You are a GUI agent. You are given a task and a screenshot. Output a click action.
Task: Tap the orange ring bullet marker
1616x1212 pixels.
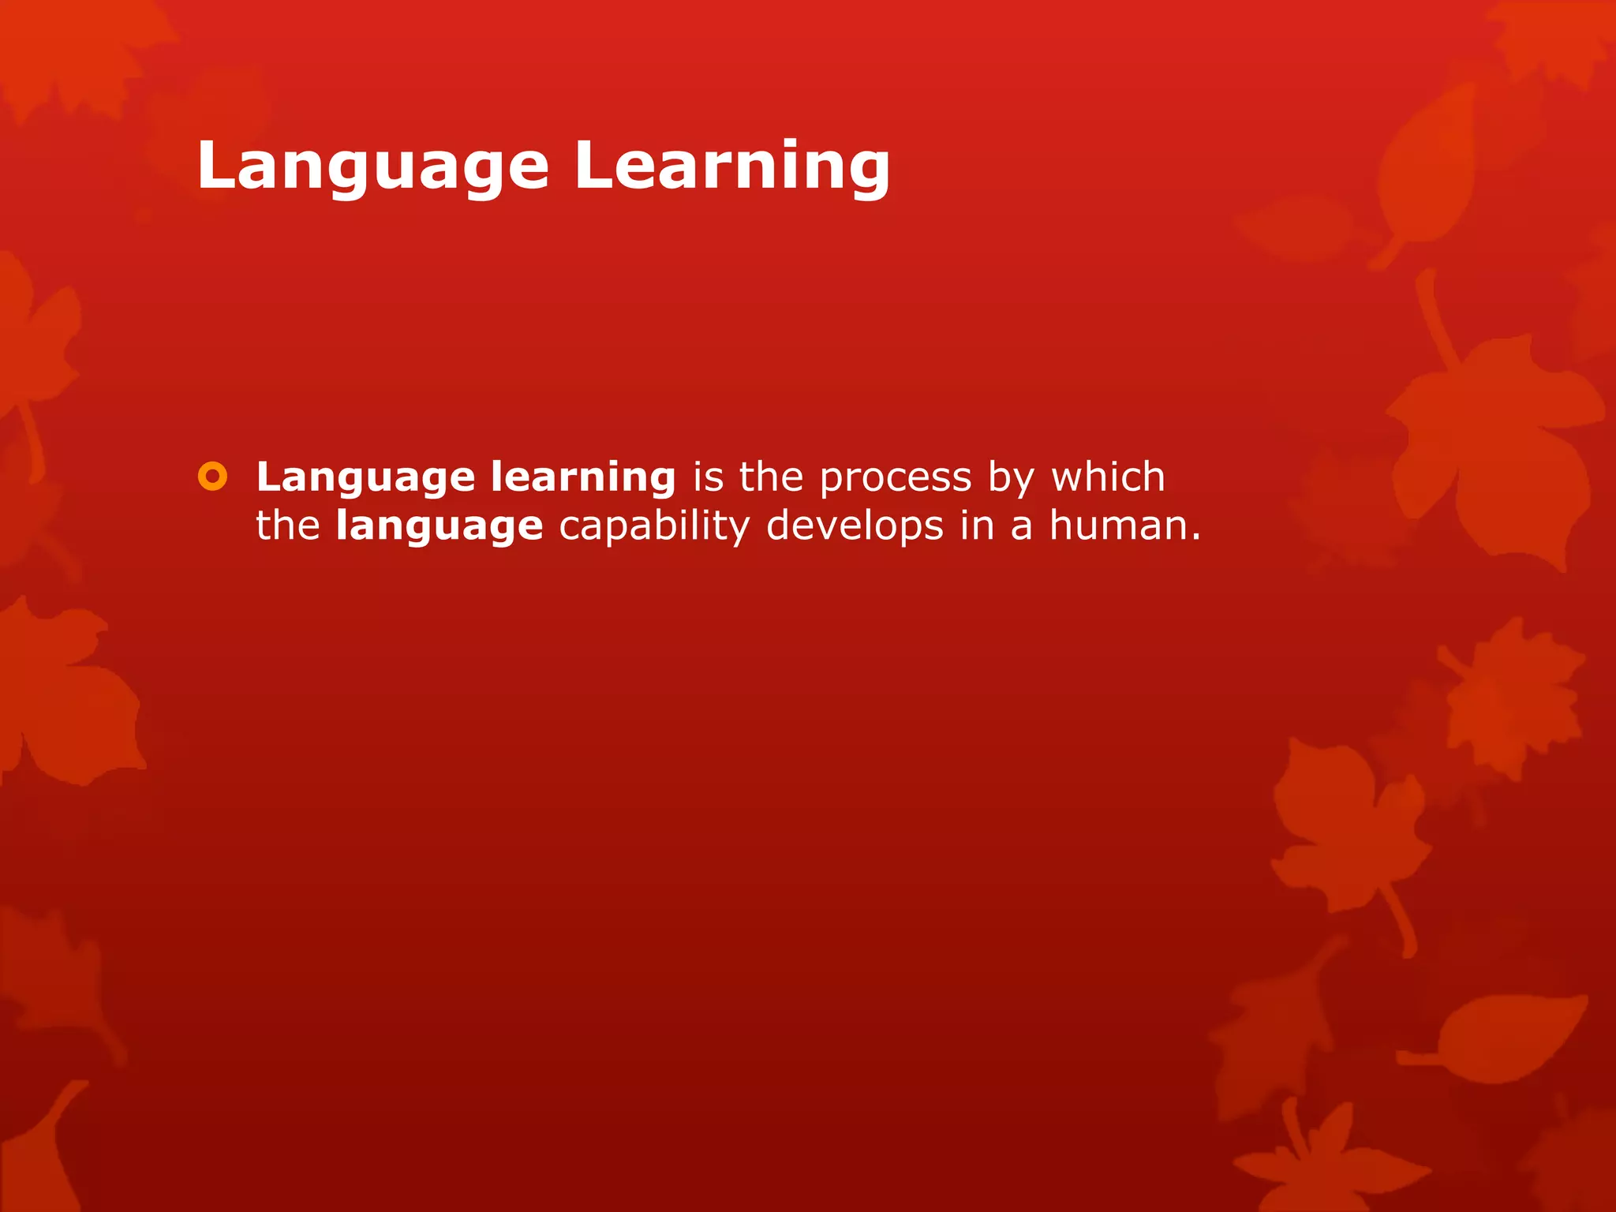(x=212, y=477)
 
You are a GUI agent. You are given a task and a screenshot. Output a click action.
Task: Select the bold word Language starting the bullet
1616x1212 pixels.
(x=365, y=478)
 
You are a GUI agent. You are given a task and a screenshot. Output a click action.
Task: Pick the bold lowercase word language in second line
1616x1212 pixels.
(x=440, y=527)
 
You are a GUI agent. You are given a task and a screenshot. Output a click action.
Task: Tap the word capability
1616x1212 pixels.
(x=654, y=527)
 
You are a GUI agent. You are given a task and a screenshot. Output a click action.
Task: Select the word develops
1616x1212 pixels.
(x=855, y=527)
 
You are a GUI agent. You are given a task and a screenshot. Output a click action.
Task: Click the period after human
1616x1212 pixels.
(x=1195, y=538)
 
